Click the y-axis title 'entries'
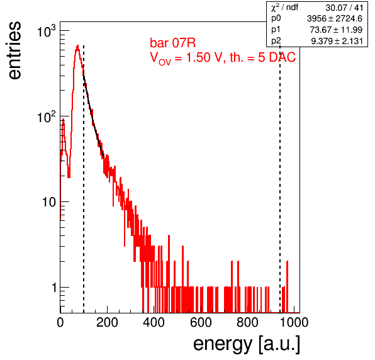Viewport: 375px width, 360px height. tap(15, 50)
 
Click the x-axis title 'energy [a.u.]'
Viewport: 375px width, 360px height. tap(247, 344)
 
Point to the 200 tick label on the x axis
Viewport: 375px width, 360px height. tap(107, 322)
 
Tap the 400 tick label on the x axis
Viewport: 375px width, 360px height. tap(154, 322)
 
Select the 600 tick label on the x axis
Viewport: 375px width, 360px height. tap(201, 322)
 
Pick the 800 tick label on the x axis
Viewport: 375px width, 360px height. tap(247, 322)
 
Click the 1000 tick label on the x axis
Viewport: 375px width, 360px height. tap(294, 322)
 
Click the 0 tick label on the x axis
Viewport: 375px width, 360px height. tap(60, 322)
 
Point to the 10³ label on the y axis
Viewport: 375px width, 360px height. tap(46, 31)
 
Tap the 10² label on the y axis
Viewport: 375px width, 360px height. tap(46, 116)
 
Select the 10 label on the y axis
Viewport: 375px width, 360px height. tap(49, 202)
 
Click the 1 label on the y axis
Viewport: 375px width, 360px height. tap(54, 288)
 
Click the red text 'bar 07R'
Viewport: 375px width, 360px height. tap(172, 43)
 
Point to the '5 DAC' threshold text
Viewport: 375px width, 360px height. tap(277, 57)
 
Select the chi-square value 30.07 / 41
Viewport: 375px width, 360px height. tap(344, 8)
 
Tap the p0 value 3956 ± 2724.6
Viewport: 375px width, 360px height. tap(335, 19)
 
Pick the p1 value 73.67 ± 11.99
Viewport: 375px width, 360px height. tap(336, 30)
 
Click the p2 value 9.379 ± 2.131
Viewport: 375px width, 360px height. tap(337, 41)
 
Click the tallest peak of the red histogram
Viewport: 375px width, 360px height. tap(77, 45)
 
